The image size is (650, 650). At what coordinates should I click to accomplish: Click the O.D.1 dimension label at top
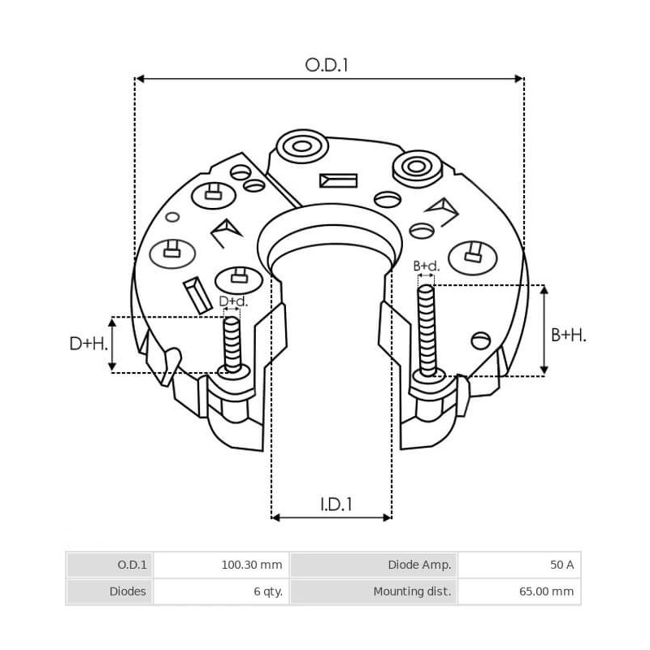tap(327, 65)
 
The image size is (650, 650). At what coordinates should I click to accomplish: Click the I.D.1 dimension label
tap(336, 504)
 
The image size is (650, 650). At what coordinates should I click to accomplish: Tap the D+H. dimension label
tap(89, 344)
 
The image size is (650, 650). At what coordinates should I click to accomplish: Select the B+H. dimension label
tap(569, 334)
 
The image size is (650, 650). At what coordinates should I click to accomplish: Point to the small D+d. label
tap(233, 301)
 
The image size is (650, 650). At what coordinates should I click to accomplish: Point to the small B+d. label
tap(426, 266)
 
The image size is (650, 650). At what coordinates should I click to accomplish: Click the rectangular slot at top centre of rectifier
tap(338, 180)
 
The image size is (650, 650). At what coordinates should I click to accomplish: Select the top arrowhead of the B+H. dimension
tap(544, 289)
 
